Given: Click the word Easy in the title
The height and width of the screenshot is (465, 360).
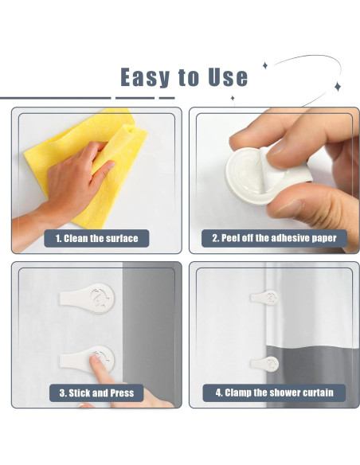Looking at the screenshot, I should pos(146,77).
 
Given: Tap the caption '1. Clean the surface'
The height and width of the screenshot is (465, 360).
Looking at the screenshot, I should pos(96,238).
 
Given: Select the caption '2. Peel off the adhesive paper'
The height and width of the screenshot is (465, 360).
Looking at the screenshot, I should pos(274,238).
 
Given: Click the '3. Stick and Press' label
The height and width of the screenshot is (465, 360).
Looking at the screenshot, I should pos(96,393).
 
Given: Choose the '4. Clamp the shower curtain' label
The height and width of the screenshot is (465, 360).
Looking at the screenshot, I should pos(274,393).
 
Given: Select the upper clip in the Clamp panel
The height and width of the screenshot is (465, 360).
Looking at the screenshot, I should pos(266,298).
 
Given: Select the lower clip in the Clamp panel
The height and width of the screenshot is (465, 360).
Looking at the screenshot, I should pos(266,364).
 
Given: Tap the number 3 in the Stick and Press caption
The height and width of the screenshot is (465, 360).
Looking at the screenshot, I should pos(62,393).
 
